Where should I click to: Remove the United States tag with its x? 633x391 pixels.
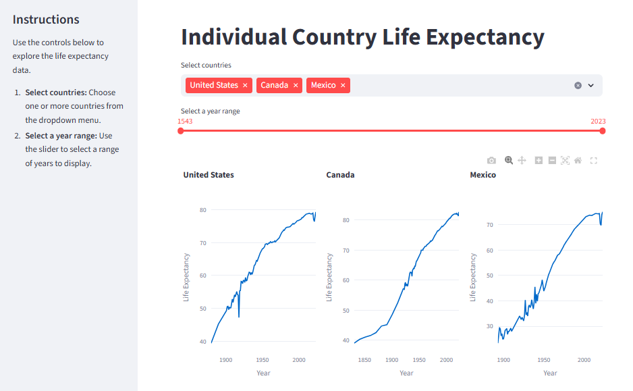coord(245,85)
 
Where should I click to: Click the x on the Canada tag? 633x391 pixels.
coord(296,85)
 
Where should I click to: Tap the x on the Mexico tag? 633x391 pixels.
coord(343,85)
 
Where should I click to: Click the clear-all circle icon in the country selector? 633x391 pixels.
coord(578,85)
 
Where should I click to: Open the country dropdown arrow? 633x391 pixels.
coord(591,85)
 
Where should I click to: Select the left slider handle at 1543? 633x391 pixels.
coord(181,131)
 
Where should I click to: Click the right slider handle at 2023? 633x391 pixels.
coord(603,131)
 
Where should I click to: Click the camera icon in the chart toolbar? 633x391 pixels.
coord(491,160)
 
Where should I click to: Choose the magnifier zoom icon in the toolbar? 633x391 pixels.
coord(509,160)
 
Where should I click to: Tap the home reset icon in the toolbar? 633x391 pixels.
coord(578,160)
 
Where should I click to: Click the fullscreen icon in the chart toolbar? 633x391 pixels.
coord(593,160)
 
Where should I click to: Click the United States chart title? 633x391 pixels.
coord(209,175)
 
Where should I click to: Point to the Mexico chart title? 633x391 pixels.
coord(483,175)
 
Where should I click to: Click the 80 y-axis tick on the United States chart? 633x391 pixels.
coord(202,210)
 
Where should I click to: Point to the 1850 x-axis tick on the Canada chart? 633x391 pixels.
coord(364,360)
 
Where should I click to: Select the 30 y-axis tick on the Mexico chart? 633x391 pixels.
coord(490,326)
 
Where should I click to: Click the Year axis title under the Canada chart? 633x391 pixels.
coord(406,373)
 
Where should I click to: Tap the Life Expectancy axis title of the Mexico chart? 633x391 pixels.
coord(473,277)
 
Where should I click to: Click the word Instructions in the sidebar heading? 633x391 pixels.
coord(46,20)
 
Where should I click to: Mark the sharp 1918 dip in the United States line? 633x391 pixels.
coord(239,316)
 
